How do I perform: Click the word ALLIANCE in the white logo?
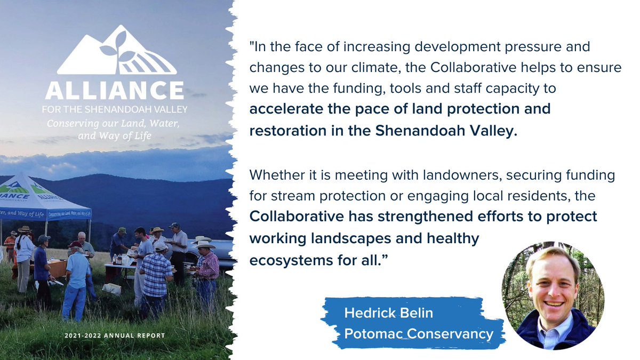point(115,90)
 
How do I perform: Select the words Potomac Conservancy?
point(419,334)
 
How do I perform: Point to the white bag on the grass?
point(112,289)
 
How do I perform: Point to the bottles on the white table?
point(121,260)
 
